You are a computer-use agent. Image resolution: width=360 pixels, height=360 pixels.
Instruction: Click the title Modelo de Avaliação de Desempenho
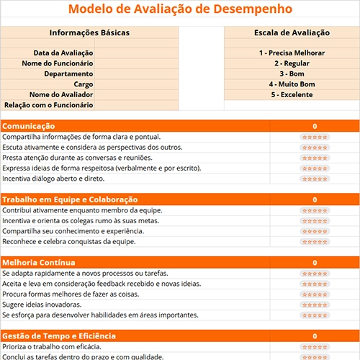point(180,9)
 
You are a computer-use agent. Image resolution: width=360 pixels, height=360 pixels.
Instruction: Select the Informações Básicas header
point(89,32)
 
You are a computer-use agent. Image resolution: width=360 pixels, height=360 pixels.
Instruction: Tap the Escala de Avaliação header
point(292,32)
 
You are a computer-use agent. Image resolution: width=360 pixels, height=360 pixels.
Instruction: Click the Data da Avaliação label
point(63,53)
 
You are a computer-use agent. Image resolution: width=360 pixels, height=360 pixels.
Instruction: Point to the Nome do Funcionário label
point(58,63)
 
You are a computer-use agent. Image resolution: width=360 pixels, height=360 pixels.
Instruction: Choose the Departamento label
point(68,73)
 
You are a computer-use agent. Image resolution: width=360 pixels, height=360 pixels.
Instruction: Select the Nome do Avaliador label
point(61,94)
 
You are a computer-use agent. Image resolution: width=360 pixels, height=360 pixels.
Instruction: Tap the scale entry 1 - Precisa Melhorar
point(292,53)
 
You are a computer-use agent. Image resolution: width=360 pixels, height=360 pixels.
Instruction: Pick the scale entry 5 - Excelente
point(292,94)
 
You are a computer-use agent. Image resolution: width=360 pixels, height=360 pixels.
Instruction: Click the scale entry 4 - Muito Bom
point(292,84)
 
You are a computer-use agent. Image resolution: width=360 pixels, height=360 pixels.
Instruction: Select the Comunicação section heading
point(29,126)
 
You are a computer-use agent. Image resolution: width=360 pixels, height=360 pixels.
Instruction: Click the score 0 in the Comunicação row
point(315,126)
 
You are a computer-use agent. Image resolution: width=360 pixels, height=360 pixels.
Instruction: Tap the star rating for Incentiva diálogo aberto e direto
point(315,178)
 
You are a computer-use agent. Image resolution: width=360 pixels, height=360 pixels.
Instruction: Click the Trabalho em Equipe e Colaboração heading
point(70,199)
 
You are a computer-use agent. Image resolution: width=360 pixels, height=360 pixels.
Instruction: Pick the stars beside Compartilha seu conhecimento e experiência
point(315,231)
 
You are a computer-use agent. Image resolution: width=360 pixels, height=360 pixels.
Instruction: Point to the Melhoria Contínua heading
point(39,263)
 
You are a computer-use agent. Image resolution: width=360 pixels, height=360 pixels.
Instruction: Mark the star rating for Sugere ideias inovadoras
point(315,305)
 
